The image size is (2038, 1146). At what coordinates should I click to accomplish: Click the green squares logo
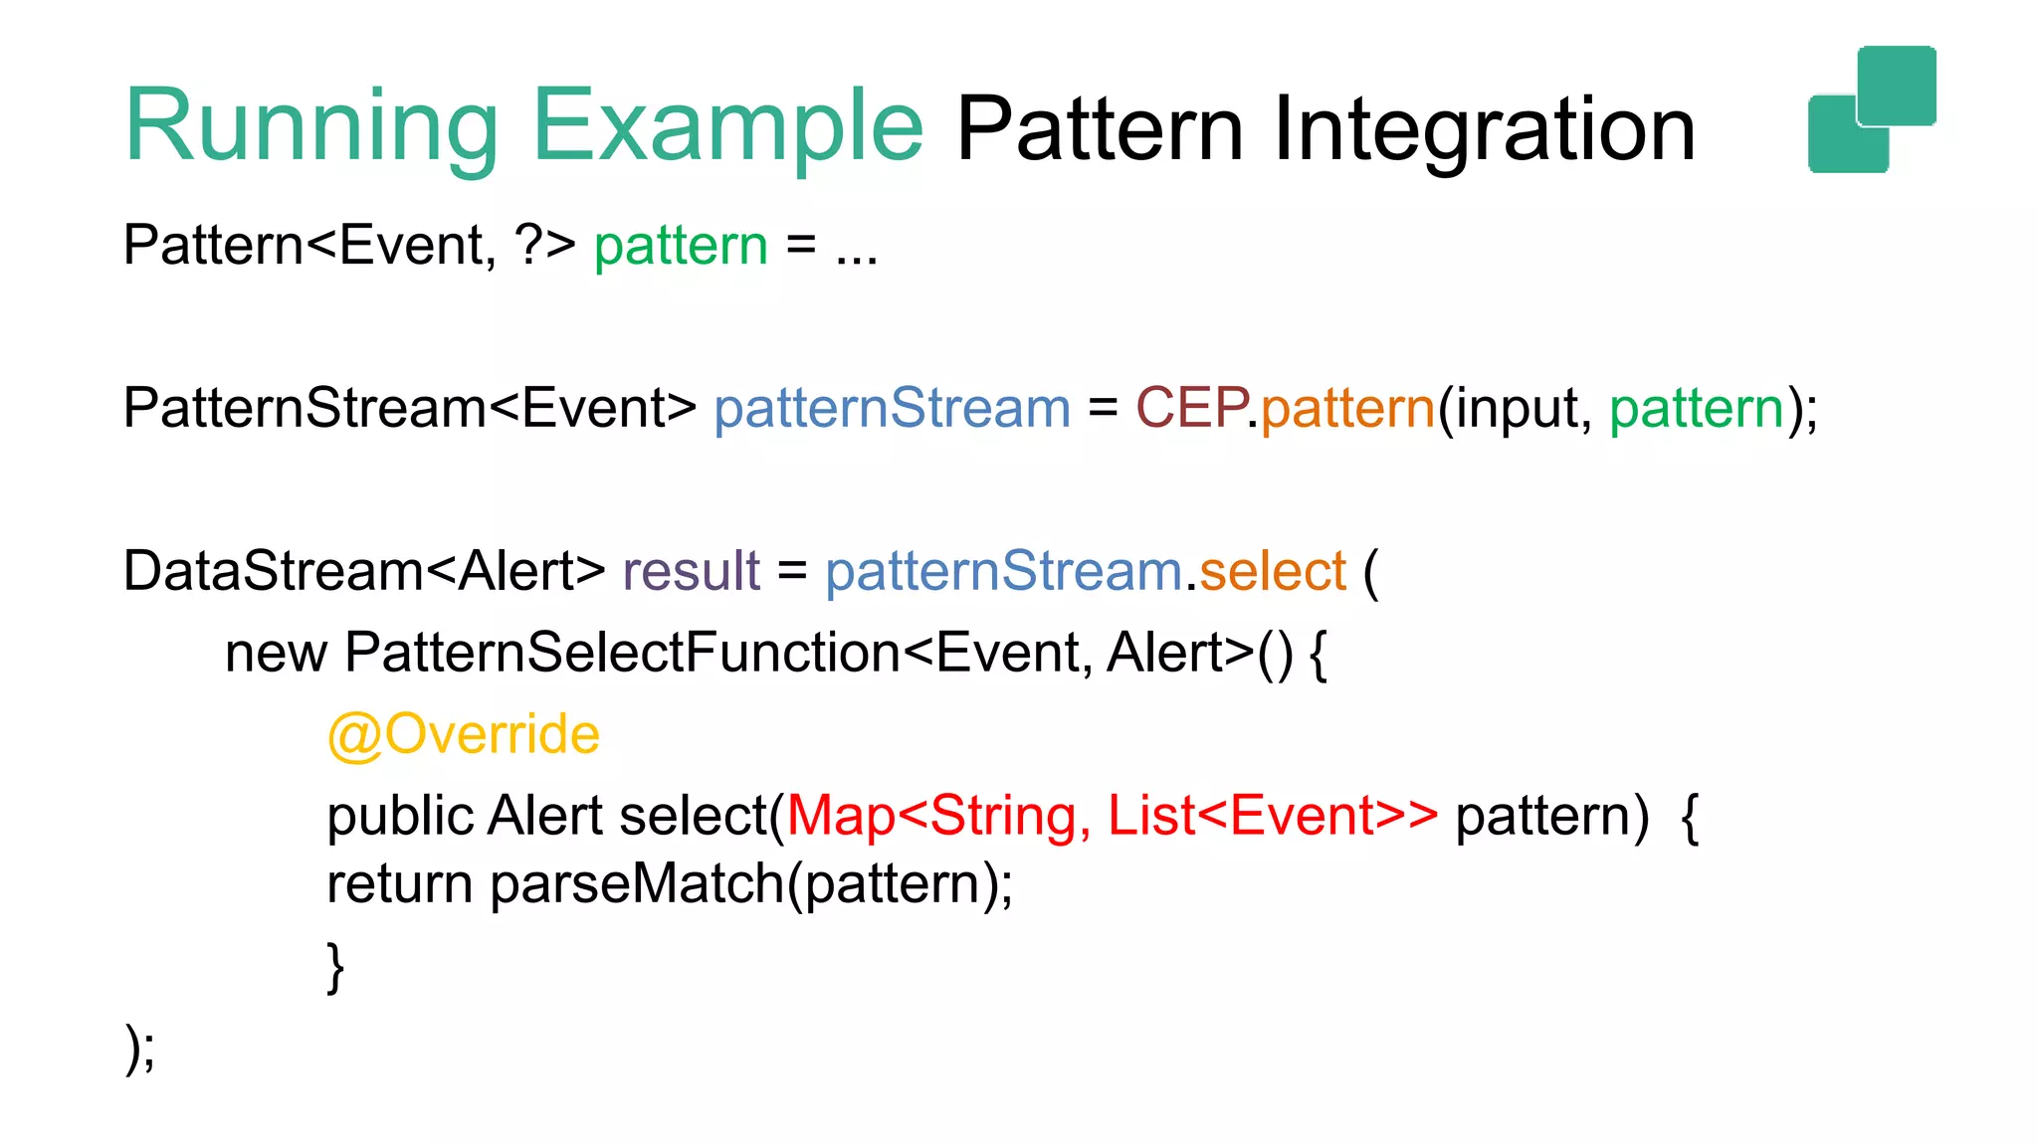[x=1872, y=109]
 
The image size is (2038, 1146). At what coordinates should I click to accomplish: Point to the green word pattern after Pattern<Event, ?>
[x=681, y=246]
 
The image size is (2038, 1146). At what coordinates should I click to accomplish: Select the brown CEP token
[x=1190, y=409]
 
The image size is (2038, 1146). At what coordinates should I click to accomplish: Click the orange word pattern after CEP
[x=1347, y=409]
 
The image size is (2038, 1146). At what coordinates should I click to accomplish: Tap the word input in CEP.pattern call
[x=1517, y=409]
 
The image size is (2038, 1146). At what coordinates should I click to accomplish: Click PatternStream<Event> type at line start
[x=409, y=409]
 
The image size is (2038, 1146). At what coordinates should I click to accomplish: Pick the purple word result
[x=691, y=572]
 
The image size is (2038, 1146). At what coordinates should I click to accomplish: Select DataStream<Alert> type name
[x=363, y=572]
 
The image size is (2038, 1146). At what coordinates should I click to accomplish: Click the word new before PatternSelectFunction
[x=276, y=654]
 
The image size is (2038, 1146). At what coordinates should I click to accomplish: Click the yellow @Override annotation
[x=463, y=735]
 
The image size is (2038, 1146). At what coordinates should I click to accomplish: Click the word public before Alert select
[x=400, y=817]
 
